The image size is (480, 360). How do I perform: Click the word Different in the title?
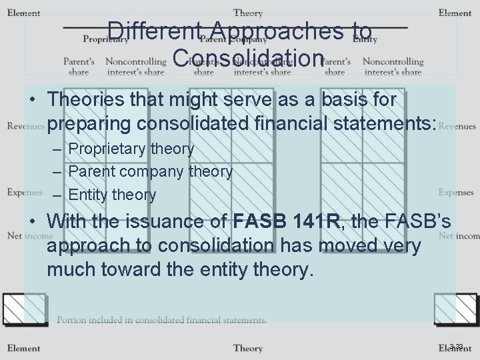[x=155, y=31]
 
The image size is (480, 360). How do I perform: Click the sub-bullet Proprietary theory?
[x=131, y=149]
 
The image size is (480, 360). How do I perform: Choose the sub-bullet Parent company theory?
[x=150, y=171]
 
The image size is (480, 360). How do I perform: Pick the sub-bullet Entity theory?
[x=112, y=195]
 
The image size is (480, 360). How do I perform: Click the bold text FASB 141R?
[x=287, y=221]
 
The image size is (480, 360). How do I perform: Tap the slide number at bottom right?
[x=456, y=346]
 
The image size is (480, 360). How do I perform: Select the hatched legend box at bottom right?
[x=455, y=309]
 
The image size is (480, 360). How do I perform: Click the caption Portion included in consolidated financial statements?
[x=162, y=320]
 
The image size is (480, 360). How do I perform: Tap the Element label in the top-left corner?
[x=23, y=13]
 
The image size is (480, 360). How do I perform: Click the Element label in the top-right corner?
[x=455, y=13]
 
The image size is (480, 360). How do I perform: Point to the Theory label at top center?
[x=248, y=13]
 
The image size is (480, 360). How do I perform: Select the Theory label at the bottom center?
[x=248, y=348]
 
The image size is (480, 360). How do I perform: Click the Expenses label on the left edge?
[x=25, y=193]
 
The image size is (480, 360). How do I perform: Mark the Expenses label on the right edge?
[x=456, y=193]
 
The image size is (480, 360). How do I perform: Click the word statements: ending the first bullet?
[x=379, y=124]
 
